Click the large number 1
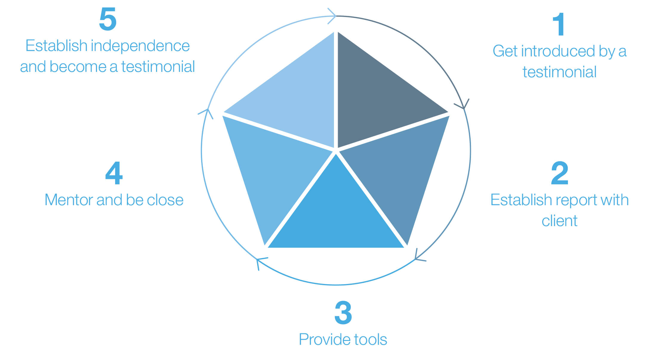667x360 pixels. pyautogui.click(x=559, y=24)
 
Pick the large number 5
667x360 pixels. pyautogui.click(x=107, y=19)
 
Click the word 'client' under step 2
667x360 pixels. pyautogui.click(x=560, y=221)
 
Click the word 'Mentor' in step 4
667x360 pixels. pyautogui.click(x=69, y=200)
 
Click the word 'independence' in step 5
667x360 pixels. pyautogui.click(x=140, y=46)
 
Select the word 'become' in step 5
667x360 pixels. pyautogui.click(x=78, y=67)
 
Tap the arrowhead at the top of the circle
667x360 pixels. pyautogui.click(x=332, y=16)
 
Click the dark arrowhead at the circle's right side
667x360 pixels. pyautogui.click(x=463, y=105)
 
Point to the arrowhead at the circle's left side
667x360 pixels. pyautogui.click(x=207, y=113)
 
